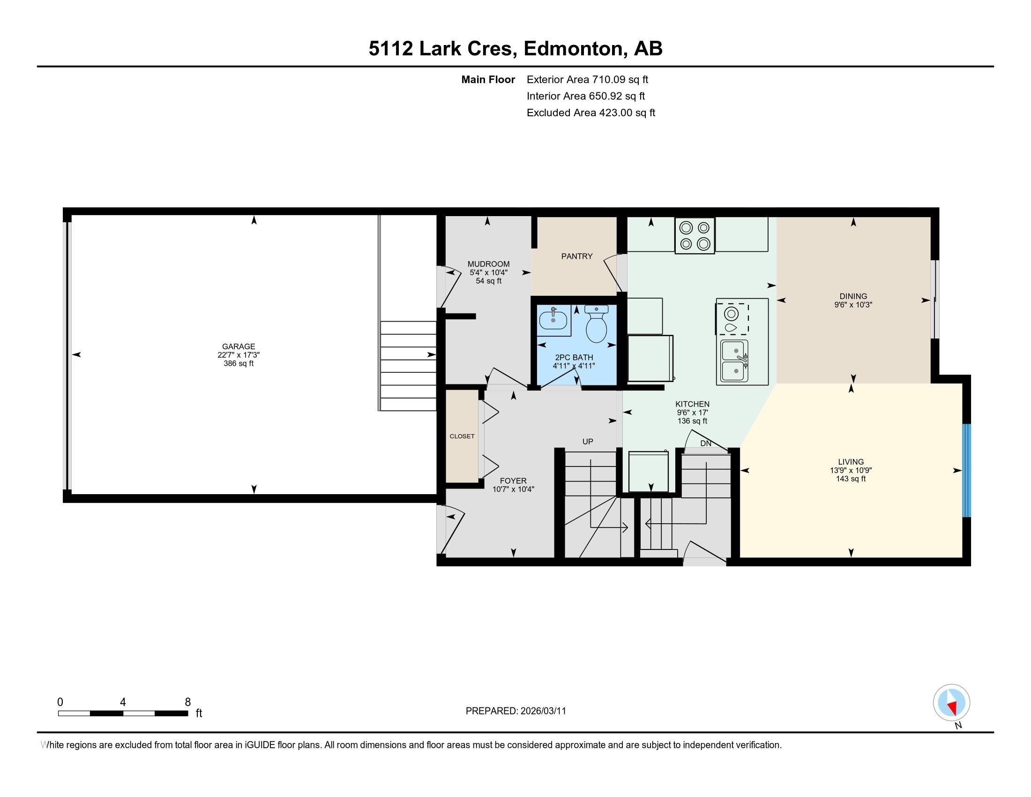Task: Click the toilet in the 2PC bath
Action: coord(596,325)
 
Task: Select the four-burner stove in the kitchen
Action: coord(695,235)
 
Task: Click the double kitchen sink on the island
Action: coord(734,361)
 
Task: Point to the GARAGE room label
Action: coord(239,346)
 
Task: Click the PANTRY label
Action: coord(576,256)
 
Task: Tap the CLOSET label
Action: coord(462,436)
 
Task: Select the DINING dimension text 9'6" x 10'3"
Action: coord(852,305)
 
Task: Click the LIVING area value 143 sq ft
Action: coord(851,479)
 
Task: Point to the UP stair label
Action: coord(587,442)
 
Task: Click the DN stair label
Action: coord(705,444)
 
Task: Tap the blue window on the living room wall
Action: coord(966,470)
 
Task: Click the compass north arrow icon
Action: coord(951,703)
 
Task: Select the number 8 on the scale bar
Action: coord(187,702)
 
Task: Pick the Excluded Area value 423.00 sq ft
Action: coord(627,113)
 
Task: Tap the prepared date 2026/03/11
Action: coord(543,711)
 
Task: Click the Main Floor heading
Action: coord(488,80)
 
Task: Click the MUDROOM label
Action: coord(488,264)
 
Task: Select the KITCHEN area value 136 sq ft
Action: coord(692,421)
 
